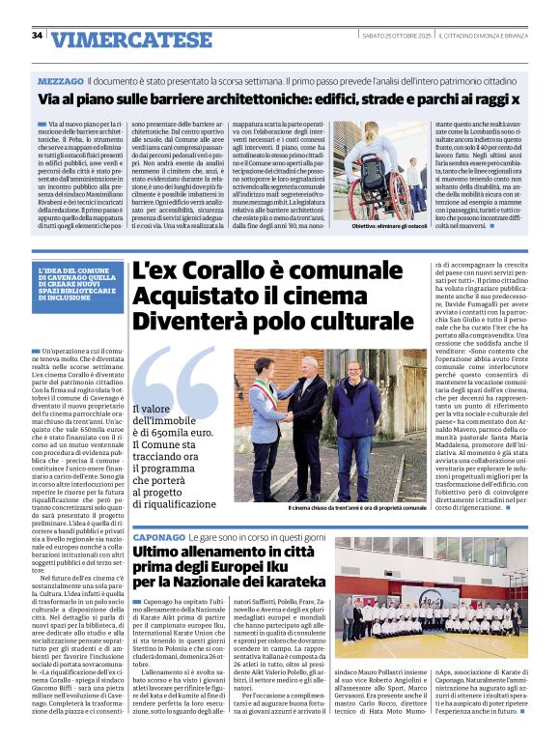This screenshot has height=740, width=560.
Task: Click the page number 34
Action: coord(38,36)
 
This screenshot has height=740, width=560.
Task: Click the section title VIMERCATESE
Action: coord(118,40)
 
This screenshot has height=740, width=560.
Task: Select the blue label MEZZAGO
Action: coord(61,80)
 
